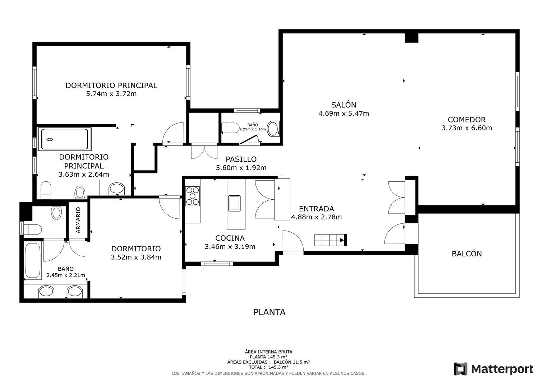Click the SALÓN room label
pos(344,105)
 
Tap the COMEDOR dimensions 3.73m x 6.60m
pos(466,128)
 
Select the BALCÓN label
pos(466,254)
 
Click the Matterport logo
pos(493,369)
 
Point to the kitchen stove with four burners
pos(192,196)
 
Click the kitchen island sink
pos(234,203)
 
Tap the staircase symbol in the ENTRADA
pos(330,240)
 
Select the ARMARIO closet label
pos(78,220)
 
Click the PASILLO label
pos(241,159)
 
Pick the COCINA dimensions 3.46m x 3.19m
pos(230,247)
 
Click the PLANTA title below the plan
pos(269,312)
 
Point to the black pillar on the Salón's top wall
pos(411,38)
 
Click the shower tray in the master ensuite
pos(64,139)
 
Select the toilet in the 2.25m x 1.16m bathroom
pos(230,128)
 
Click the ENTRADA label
pos(317,209)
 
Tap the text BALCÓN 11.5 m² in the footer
pos(292,362)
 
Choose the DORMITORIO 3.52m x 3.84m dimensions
pos(136,257)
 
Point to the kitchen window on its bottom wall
pos(217,264)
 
